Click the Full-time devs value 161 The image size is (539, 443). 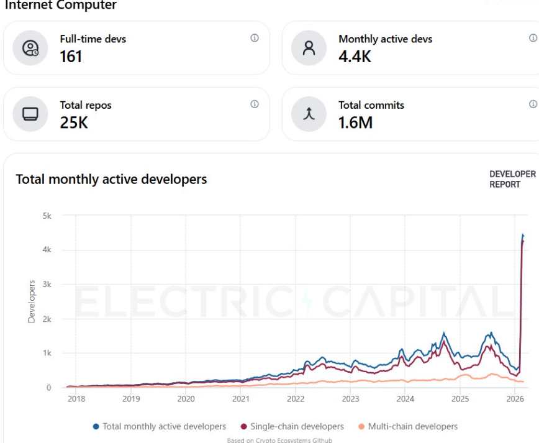click(71, 57)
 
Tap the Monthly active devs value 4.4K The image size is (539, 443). click(355, 57)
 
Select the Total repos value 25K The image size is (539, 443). click(74, 122)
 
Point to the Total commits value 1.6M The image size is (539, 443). click(355, 122)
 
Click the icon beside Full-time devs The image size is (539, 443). click(30, 48)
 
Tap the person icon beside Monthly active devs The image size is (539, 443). click(309, 48)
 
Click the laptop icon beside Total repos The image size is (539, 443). click(30, 114)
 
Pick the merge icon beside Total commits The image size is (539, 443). click(309, 114)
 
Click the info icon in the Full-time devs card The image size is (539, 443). click(255, 38)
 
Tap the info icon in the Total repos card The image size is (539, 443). click(255, 104)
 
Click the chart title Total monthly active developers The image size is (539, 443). click(111, 180)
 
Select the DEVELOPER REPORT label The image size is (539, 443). click(512, 179)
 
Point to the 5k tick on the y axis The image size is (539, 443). click(47, 216)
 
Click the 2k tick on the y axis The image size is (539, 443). click(47, 319)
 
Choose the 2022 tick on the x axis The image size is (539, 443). click(296, 399)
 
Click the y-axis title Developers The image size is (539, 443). click(32, 301)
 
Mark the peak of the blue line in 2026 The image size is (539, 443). click(523, 235)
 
